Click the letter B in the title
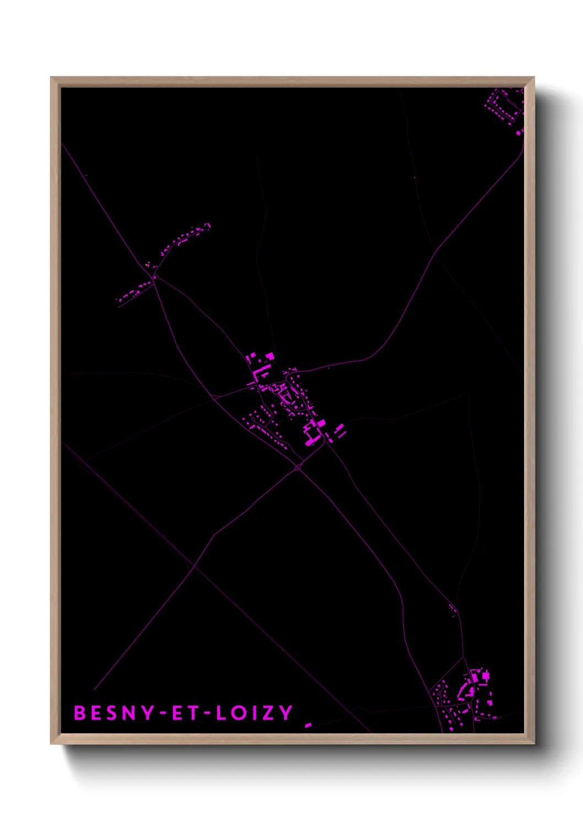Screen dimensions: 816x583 pos(80,712)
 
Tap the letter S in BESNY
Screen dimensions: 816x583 pos(111,712)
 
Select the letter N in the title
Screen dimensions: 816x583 pos(128,712)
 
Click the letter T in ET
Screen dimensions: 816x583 pos(192,712)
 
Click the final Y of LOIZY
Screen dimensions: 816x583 pos(286,712)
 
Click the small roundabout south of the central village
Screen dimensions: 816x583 pos(298,468)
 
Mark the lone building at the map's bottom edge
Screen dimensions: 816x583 pos(308,725)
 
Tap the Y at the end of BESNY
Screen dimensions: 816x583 pos(146,712)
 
